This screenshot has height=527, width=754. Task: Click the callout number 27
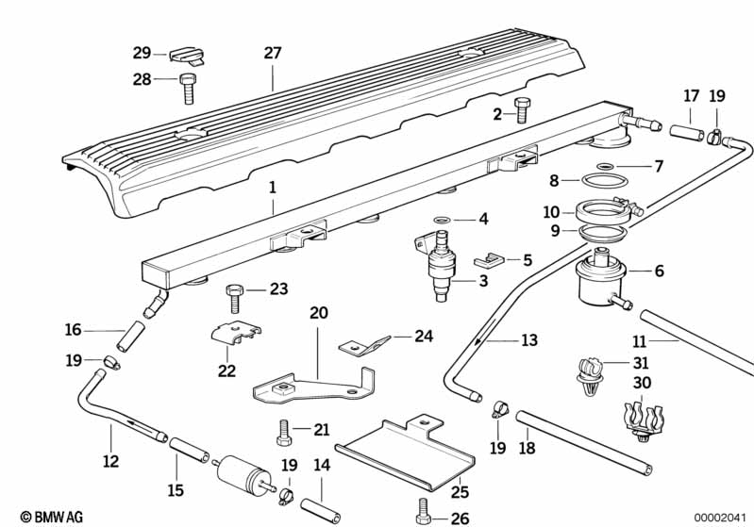point(272,54)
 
